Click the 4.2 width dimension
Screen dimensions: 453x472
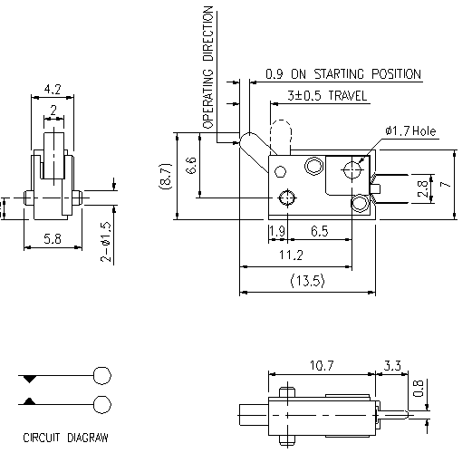pyautogui.click(x=53, y=90)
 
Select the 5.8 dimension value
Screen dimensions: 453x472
pyautogui.click(x=52, y=239)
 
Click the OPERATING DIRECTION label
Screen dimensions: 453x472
pyautogui.click(x=208, y=69)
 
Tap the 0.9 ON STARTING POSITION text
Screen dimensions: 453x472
pyautogui.click(x=343, y=73)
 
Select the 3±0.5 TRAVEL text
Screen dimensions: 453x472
pyautogui.click(x=327, y=94)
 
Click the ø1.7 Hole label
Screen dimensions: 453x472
pyautogui.click(x=410, y=131)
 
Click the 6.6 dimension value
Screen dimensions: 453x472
pyautogui.click(x=190, y=166)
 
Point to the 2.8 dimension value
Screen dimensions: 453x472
pyautogui.click(x=421, y=188)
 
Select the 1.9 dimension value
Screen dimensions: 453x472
pyautogui.click(x=277, y=232)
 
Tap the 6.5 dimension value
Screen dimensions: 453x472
pyautogui.click(x=319, y=232)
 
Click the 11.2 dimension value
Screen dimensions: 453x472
pyautogui.click(x=306, y=257)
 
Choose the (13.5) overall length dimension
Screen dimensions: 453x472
pyautogui.click(x=308, y=282)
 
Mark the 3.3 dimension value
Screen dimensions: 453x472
pyautogui.click(x=392, y=365)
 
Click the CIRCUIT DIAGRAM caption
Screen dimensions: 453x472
pyautogui.click(x=65, y=438)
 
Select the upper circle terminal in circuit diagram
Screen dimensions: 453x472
pyautogui.click(x=102, y=376)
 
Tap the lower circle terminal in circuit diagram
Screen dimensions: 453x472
pyautogui.click(x=102, y=403)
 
